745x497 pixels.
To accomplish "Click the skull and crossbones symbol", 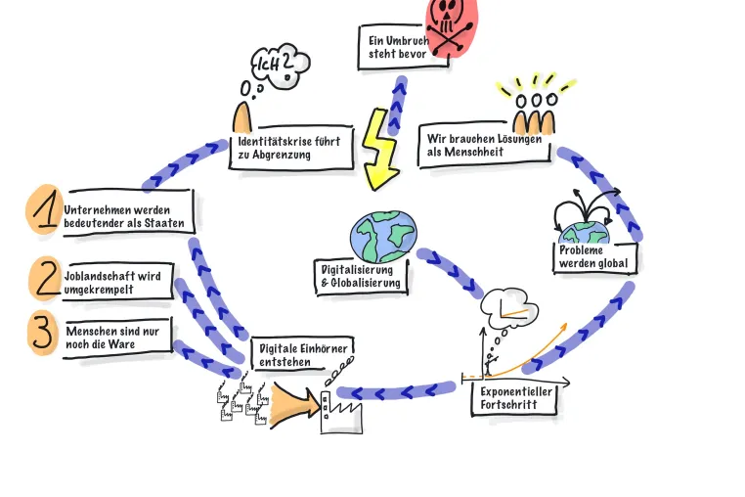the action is click(449, 26).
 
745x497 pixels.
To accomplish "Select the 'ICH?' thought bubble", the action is click(281, 66).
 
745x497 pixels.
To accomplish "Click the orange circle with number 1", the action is click(45, 209).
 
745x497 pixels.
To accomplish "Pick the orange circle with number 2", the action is click(45, 278).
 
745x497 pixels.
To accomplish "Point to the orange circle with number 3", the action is click(44, 333).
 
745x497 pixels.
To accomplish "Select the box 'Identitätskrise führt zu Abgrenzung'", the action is click(290, 148).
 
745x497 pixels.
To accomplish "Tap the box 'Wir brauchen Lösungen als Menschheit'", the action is click(484, 145).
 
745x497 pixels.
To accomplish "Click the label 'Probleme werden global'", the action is click(594, 257).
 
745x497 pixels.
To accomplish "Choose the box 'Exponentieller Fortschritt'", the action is click(514, 398).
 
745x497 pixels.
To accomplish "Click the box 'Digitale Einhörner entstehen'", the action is click(302, 354).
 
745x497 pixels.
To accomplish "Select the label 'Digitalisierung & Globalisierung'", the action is click(361, 277).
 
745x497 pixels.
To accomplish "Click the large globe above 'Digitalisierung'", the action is click(383, 237).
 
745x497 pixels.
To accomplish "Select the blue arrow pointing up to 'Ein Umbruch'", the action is click(397, 105).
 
